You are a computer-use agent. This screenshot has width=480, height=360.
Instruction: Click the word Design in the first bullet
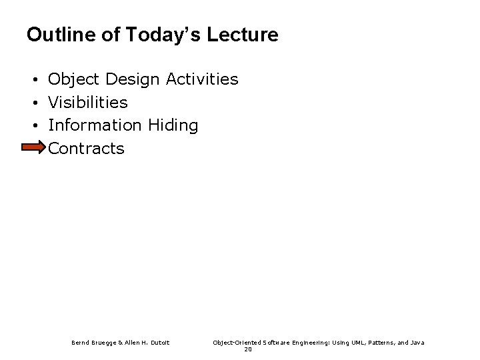(x=131, y=80)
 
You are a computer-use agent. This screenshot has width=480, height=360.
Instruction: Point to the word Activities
(x=202, y=80)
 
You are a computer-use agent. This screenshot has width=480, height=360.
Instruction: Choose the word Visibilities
(x=88, y=103)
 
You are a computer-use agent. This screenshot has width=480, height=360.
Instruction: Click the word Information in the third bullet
(x=95, y=125)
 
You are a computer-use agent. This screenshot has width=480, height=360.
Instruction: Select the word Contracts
(x=87, y=148)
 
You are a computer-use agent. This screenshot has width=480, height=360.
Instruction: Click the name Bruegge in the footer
(x=101, y=343)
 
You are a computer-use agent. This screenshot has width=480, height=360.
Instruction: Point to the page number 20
(x=248, y=349)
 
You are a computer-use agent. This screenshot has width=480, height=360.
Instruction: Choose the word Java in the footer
(x=416, y=343)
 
